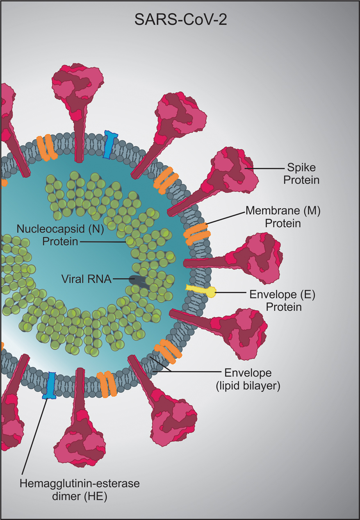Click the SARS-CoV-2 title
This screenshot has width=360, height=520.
coord(180,20)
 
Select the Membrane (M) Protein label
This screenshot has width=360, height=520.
coord(283,217)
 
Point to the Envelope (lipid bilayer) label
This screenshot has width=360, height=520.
coord(248,379)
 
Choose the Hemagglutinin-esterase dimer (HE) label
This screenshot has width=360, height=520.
coord(80,490)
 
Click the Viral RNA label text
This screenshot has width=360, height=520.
coord(87,279)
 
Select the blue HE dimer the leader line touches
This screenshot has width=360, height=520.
coord(50,385)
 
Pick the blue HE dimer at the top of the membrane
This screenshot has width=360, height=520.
coord(109,145)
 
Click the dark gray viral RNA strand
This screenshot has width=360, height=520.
coord(138,280)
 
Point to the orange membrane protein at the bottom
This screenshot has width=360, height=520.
coord(106,384)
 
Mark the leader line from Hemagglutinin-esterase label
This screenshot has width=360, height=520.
coord(35,434)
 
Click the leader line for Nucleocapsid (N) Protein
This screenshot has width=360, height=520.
coord(103,242)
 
